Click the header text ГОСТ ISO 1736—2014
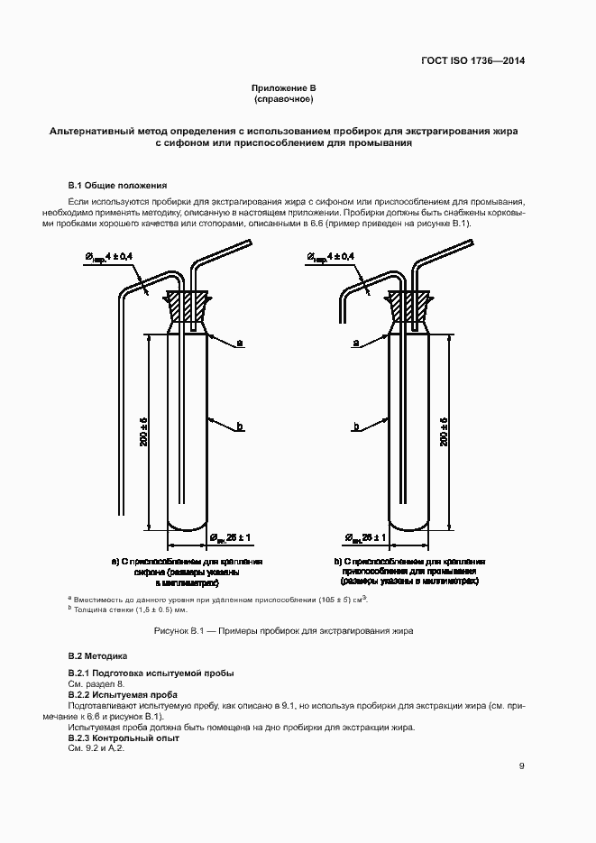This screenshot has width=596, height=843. (472, 61)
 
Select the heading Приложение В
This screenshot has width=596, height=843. (283, 87)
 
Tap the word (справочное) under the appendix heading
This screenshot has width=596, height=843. (283, 98)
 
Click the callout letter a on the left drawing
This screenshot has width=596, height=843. (240, 344)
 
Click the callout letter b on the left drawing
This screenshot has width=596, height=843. (240, 426)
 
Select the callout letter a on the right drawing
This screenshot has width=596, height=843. (357, 344)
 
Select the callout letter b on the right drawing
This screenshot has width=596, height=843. (357, 426)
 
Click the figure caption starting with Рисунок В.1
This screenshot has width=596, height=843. (284, 631)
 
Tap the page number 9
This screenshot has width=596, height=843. (521, 767)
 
